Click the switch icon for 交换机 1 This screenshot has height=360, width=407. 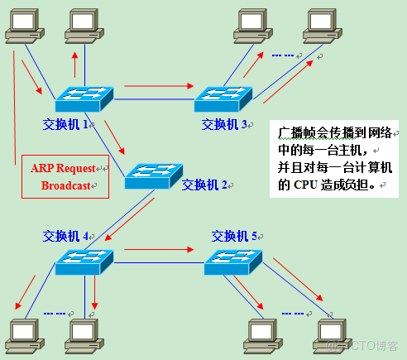tap(84, 99)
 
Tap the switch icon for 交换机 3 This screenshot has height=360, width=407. tap(223, 99)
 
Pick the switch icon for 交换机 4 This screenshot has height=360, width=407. tap(84, 262)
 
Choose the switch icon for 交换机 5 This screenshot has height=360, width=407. tap(233, 262)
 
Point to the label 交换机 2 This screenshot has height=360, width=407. tap(203, 184)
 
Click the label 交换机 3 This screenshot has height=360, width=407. tap(225, 125)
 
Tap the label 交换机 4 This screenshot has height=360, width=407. tap(66, 236)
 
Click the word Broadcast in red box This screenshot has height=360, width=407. tap(68, 186)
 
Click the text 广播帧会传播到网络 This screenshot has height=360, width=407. tap(335, 133)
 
